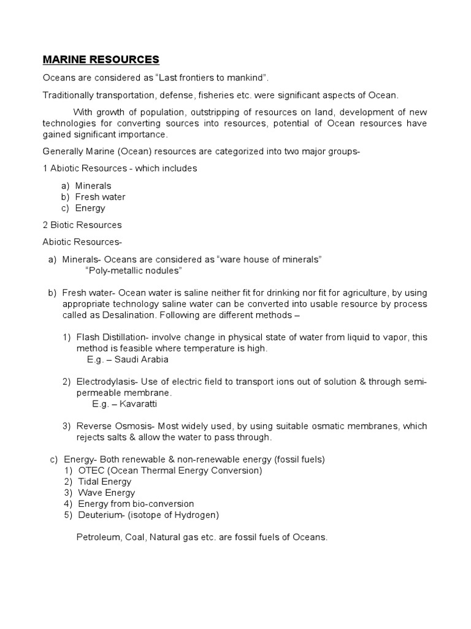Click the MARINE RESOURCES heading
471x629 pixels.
(101, 60)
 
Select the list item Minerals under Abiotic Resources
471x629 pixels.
(93, 186)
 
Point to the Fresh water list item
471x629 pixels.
(100, 197)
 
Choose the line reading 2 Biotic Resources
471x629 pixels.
(82, 225)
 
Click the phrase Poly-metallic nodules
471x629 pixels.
(134, 270)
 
